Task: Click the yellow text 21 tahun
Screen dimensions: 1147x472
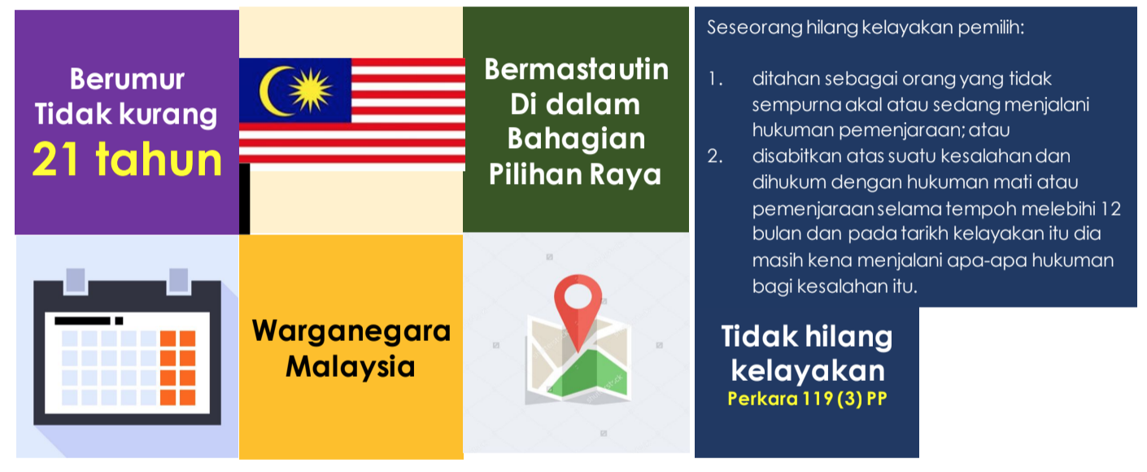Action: pyautogui.click(x=127, y=160)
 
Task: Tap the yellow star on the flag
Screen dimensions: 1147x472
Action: pyautogui.click(x=311, y=90)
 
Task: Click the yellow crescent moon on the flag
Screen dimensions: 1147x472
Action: pyautogui.click(x=274, y=90)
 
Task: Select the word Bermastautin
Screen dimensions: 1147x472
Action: pyautogui.click(x=577, y=69)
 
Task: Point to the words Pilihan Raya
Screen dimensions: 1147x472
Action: pyautogui.click(x=575, y=174)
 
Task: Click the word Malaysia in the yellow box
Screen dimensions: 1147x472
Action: pyautogui.click(x=351, y=366)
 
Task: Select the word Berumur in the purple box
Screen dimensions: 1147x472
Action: pyautogui.click(x=127, y=79)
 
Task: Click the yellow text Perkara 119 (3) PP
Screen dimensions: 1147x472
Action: pyautogui.click(x=807, y=399)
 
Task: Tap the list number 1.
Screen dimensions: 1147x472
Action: pyautogui.click(x=715, y=79)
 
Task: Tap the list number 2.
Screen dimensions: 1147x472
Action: pyautogui.click(x=715, y=155)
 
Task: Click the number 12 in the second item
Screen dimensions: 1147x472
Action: pyautogui.click(x=1110, y=208)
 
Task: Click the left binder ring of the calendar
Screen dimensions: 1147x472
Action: pyautogui.click(x=76, y=281)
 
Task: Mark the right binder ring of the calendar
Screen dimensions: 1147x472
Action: pyautogui.click(x=179, y=281)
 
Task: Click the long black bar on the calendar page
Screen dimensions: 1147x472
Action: pyautogui.click(x=82, y=321)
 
